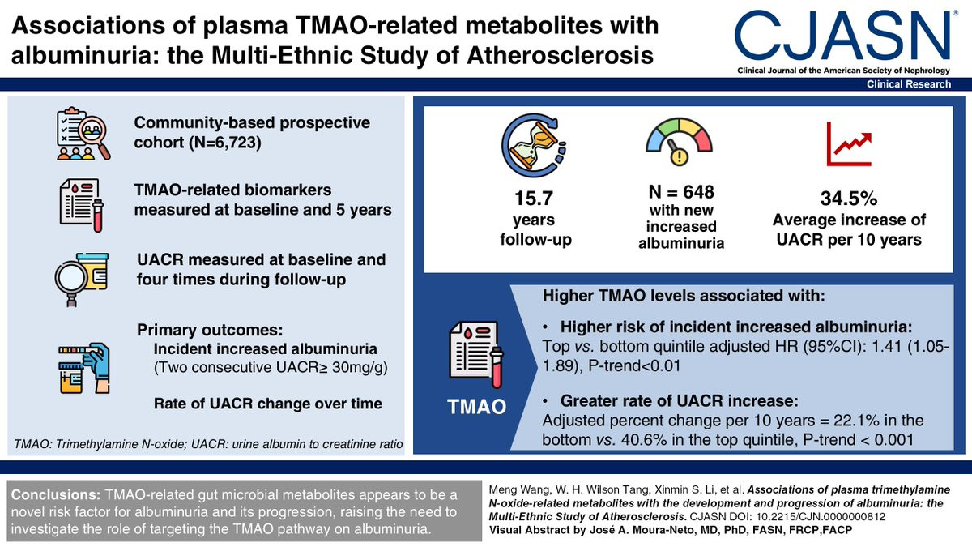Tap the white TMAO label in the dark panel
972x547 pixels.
[x=478, y=408]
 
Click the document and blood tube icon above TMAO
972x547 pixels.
[x=477, y=355]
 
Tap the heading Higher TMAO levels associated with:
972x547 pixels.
[x=683, y=296]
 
